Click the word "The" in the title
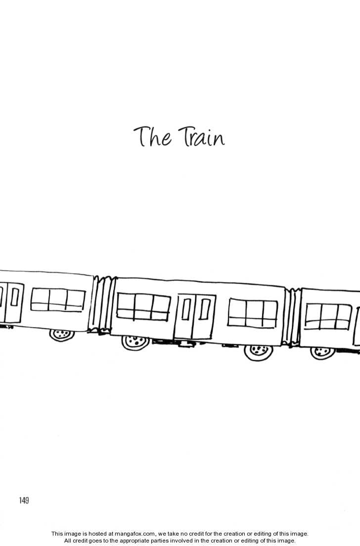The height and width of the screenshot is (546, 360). pyautogui.click(x=152, y=136)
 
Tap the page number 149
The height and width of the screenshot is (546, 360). pyautogui.click(x=24, y=501)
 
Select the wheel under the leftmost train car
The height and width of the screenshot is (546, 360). pyautogui.click(x=62, y=335)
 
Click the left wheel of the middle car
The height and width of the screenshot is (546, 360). pyautogui.click(x=135, y=342)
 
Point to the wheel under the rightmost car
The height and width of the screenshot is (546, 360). pyautogui.click(x=323, y=353)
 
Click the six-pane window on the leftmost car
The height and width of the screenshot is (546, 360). pyautogui.click(x=58, y=300)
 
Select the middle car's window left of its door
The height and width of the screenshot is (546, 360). pyautogui.click(x=143, y=307)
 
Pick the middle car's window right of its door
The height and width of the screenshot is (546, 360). pyautogui.click(x=253, y=313)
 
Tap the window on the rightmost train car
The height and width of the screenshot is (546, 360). pyautogui.click(x=328, y=317)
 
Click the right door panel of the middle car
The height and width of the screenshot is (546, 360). pyautogui.click(x=203, y=317)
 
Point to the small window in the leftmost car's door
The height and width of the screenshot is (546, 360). pyautogui.click(x=15, y=296)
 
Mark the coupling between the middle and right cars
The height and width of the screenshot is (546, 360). pyautogui.click(x=292, y=317)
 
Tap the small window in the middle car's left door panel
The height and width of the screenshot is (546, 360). pyautogui.click(x=186, y=309)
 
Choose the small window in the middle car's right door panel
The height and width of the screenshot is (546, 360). pyautogui.click(x=205, y=309)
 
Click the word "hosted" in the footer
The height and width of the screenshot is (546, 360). pyautogui.click(x=97, y=534)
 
